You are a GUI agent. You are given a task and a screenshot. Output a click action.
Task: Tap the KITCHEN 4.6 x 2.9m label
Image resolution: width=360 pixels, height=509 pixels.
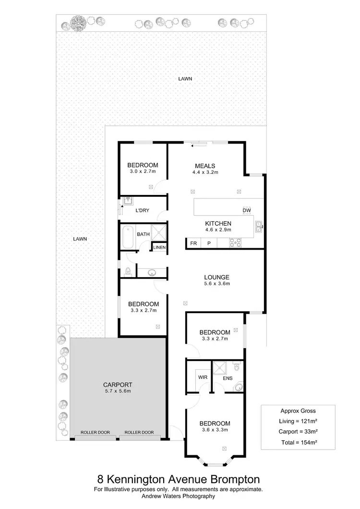pyautogui.click(x=218, y=227)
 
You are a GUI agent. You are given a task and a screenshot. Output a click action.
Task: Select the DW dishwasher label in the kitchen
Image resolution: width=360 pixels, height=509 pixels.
pyautogui.click(x=247, y=211)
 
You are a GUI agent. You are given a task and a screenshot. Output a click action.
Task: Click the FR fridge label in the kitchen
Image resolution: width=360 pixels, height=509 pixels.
pyautogui.click(x=193, y=243)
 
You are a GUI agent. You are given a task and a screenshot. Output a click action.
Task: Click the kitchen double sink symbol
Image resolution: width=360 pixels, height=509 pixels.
pyautogui.click(x=259, y=226)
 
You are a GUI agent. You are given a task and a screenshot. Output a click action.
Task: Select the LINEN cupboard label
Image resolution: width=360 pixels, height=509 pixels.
pyautogui.click(x=159, y=247)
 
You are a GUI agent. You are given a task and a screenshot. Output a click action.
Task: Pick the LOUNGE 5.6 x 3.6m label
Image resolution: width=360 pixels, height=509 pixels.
pyautogui.click(x=216, y=280)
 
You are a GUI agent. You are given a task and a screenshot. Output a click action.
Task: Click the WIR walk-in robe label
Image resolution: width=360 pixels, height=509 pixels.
pyautogui.click(x=202, y=377)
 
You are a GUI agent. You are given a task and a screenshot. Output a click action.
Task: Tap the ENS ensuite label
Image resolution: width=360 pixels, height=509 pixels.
pyautogui.click(x=228, y=378)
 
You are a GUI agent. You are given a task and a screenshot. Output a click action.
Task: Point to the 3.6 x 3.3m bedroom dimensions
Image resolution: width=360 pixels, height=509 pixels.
pyautogui.click(x=215, y=430)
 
